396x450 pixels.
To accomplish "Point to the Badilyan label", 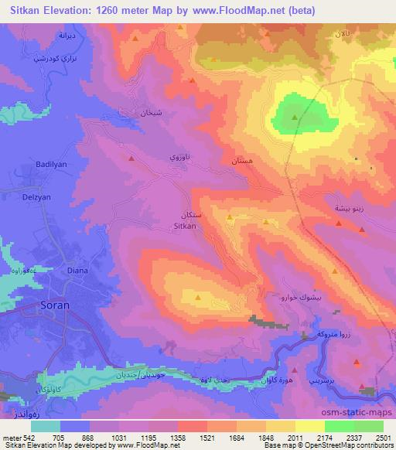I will pyautogui.click(x=53, y=164).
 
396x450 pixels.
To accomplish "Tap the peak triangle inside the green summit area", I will pyautogui.click(x=295, y=117).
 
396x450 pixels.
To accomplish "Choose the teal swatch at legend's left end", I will pyautogui.click(x=45, y=427).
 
